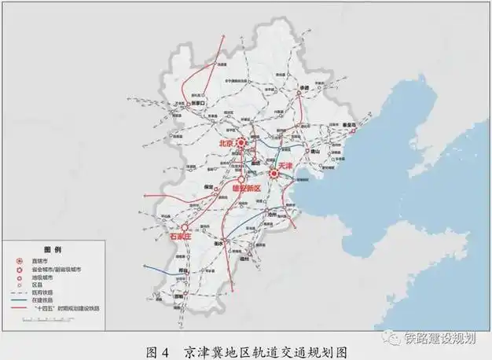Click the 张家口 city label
click(198, 102)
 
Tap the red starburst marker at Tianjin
click(274, 173)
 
